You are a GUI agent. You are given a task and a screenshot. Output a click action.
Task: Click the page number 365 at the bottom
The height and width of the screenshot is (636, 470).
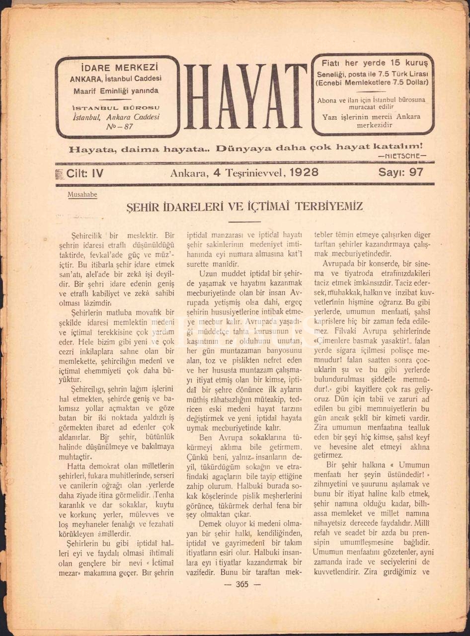click(x=242, y=584)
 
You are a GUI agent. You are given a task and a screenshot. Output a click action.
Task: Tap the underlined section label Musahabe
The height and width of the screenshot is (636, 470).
click(x=82, y=195)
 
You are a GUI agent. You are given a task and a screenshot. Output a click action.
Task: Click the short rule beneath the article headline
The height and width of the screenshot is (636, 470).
click(x=243, y=221)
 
